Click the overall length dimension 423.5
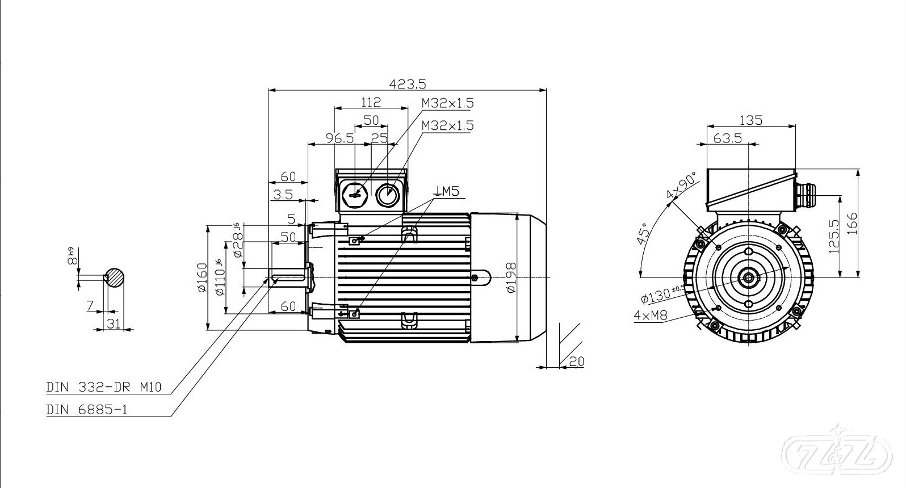pos(407,84)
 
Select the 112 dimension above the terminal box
pos(371,102)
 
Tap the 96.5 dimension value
pos(339,138)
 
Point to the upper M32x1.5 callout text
pos(447,103)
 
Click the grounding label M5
pos(447,191)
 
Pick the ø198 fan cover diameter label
pos(511,277)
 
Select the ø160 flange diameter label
pos(202,277)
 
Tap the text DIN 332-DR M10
pos(104,388)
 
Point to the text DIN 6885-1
pos(87,410)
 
